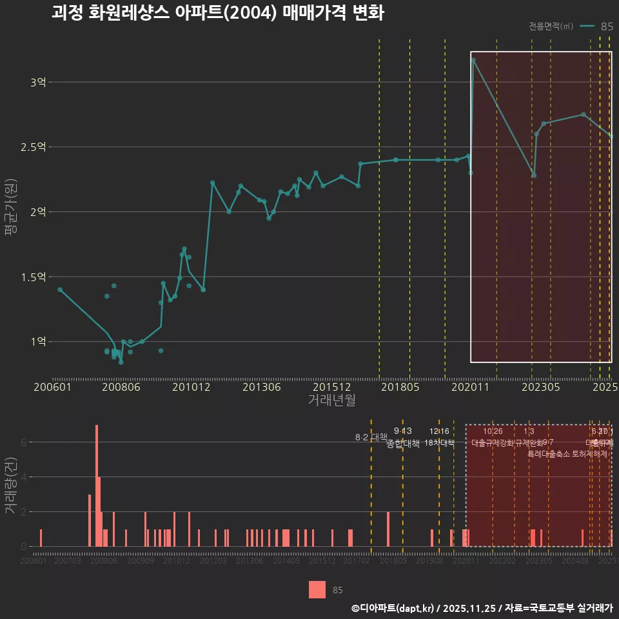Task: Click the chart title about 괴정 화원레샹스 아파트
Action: [218, 13]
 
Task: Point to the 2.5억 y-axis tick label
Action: [34, 147]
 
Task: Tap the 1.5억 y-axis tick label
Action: [34, 277]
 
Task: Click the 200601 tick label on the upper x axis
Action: [52, 387]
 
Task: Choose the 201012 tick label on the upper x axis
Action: [192, 387]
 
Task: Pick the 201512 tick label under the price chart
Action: [331, 387]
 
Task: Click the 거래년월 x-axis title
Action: [331, 400]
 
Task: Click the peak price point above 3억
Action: [473, 60]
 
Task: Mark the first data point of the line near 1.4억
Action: [60, 290]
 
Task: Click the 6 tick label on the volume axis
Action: [24, 442]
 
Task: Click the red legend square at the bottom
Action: [317, 589]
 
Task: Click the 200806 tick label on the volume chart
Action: [104, 562]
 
